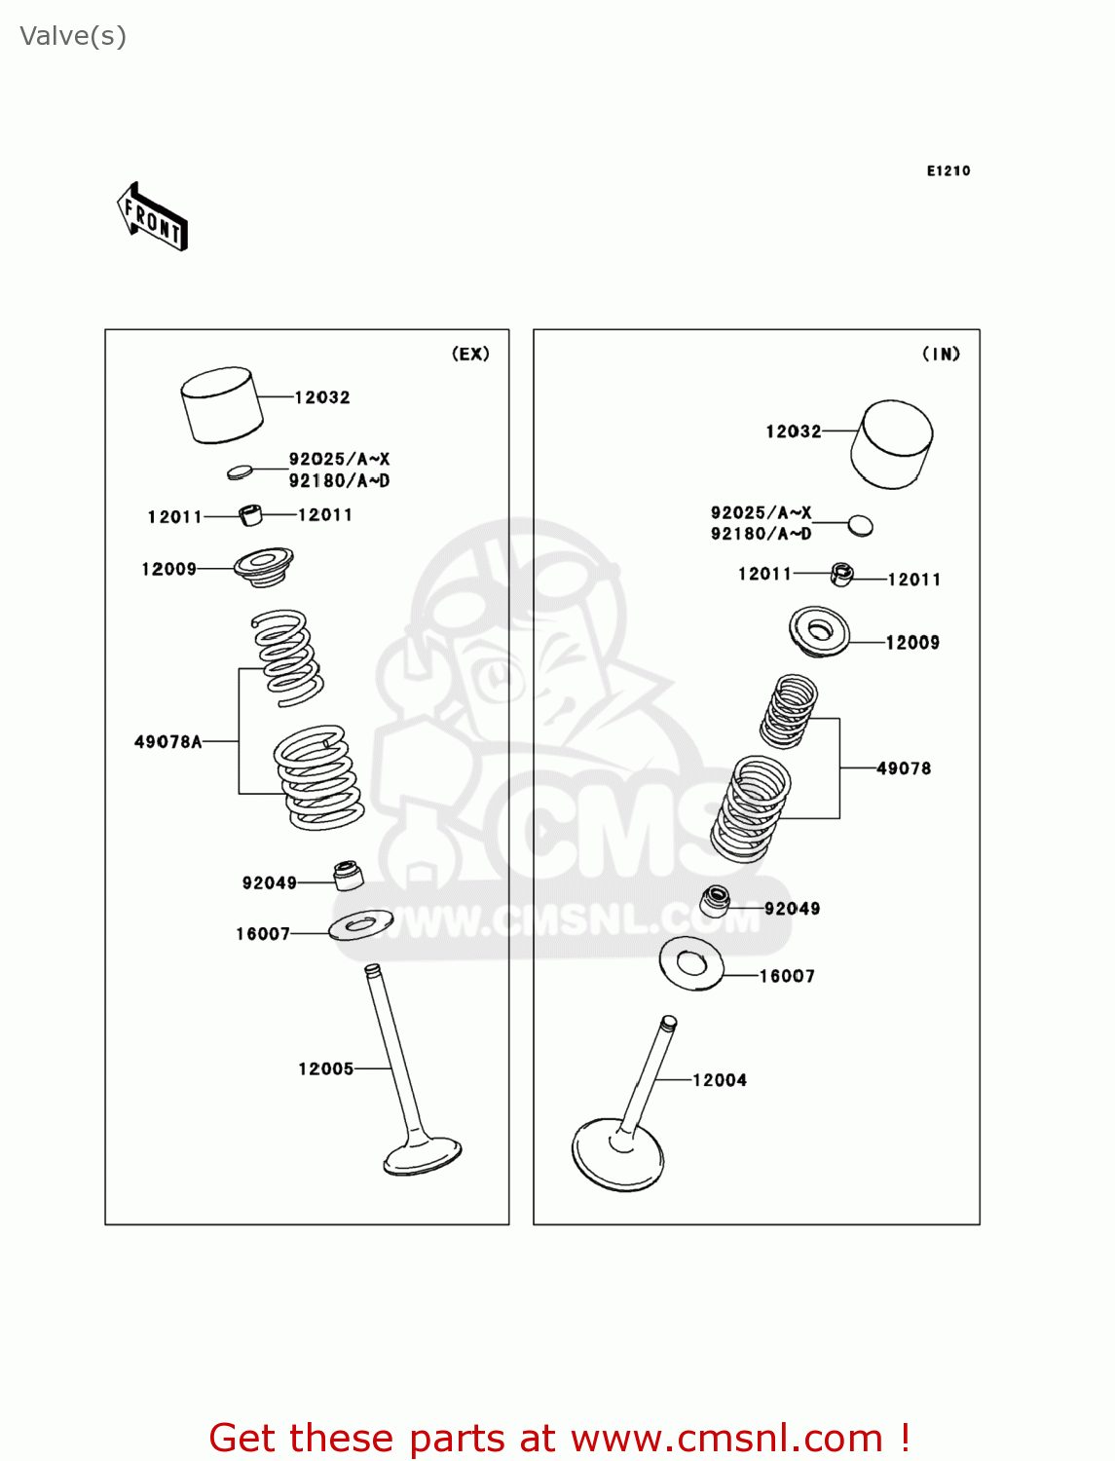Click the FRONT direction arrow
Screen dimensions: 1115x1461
coord(152,217)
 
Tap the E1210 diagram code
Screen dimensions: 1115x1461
coord(948,171)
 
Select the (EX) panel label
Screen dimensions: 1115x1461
coord(470,354)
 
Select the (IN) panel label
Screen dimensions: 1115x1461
coord(941,354)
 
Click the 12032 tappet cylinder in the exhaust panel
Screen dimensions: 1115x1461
coord(221,404)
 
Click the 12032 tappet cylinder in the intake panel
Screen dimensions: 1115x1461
coord(891,444)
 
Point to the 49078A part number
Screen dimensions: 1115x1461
coord(167,741)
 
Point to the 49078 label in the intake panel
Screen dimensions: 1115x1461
coord(904,768)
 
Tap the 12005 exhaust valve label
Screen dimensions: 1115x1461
coord(325,1068)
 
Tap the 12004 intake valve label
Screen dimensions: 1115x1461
coord(720,1079)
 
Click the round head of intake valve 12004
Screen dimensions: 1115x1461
coord(617,1155)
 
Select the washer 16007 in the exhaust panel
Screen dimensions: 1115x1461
coord(361,925)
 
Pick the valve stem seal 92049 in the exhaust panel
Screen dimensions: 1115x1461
coord(348,876)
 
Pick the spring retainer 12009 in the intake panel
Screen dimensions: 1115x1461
coord(819,631)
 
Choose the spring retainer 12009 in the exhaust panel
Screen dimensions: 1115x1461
coord(264,567)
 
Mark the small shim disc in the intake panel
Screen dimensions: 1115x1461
coord(860,526)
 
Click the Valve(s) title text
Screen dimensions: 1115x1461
coord(73,36)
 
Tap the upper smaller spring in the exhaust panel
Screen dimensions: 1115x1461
coord(287,658)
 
